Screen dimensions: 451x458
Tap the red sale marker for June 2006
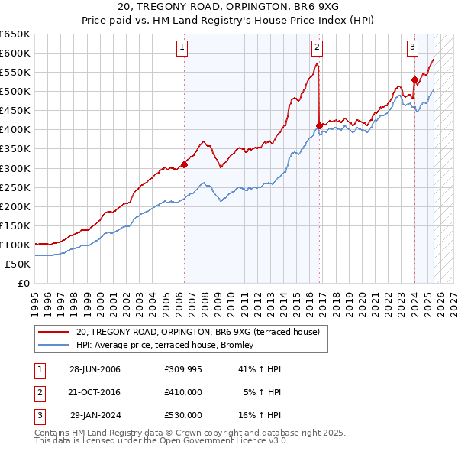pyautogui.click(x=184, y=164)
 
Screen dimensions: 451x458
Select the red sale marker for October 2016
pyautogui.click(x=318, y=125)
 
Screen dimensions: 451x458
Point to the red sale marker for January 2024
pyautogui.click(x=414, y=79)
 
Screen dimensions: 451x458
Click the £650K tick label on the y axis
pyautogui.click(x=15, y=34)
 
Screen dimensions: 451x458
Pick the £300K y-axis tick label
pyautogui.click(x=15, y=168)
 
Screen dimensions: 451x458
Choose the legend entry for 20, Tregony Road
pyautogui.click(x=202, y=332)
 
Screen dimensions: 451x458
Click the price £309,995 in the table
pyautogui.click(x=183, y=369)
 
